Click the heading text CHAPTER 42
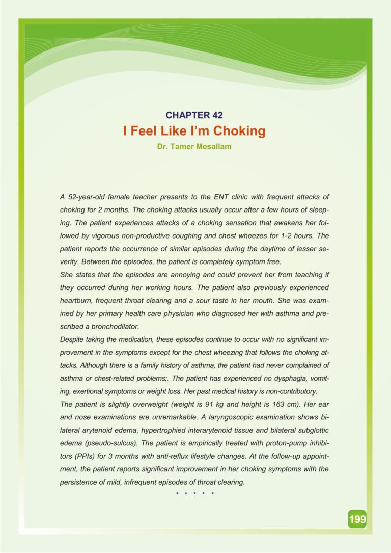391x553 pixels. pos(195,115)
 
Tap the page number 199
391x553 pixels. pos(357,519)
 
